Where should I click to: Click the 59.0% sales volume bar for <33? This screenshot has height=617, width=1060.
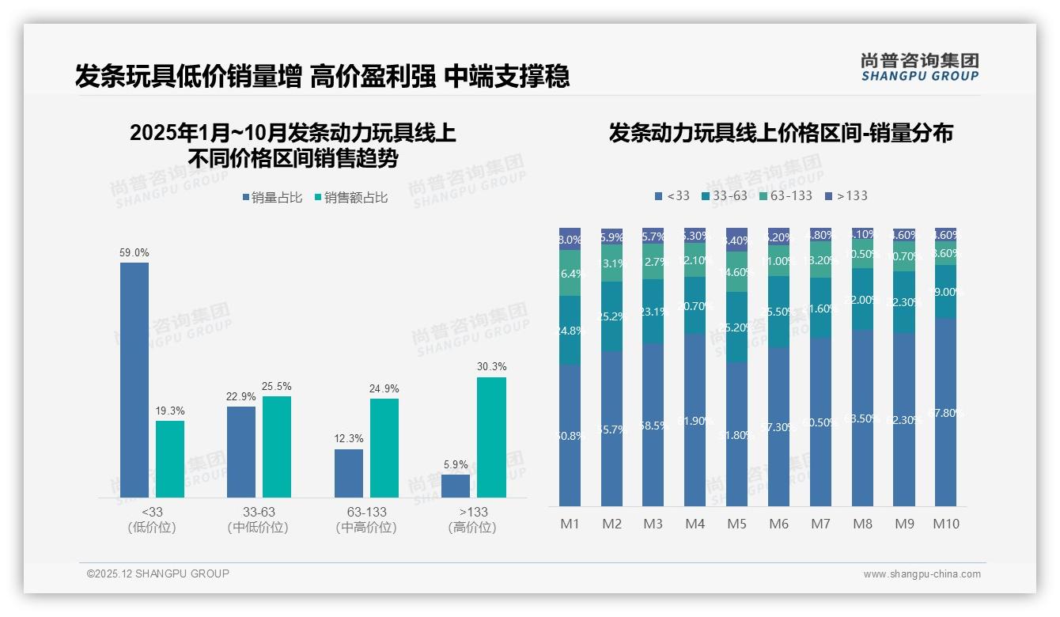134,380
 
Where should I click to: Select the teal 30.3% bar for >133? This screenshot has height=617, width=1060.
491,437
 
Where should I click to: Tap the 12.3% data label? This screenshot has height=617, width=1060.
349,439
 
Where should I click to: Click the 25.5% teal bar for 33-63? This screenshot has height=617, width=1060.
277,447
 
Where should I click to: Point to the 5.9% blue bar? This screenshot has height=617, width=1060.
456,486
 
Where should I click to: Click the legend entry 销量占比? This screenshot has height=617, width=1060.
272,198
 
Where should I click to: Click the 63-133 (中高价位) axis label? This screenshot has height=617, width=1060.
366,520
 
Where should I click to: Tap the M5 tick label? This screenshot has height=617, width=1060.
736,524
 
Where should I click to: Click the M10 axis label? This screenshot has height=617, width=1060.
945,524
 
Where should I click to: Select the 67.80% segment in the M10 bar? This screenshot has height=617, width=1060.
945,412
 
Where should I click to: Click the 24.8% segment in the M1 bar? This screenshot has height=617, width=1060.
570,330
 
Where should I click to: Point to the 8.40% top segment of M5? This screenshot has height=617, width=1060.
736,240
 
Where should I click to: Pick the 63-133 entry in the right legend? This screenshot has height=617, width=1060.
786,195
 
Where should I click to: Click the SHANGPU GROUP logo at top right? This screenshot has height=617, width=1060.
919,67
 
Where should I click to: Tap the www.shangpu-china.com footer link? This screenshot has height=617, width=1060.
922,574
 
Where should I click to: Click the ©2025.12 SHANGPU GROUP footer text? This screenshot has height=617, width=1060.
158,573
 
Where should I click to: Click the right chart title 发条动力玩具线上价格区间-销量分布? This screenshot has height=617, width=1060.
781,133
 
